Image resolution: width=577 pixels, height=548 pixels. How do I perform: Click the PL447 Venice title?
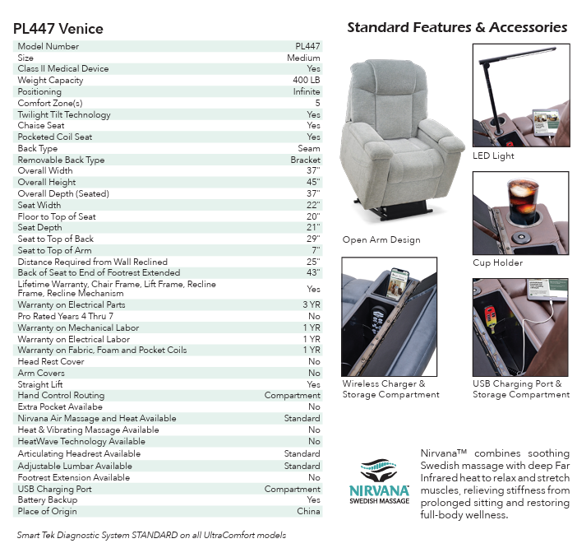(58, 29)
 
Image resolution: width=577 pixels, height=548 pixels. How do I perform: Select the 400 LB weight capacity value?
(306, 81)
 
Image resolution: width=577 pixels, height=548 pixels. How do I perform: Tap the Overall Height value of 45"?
(312, 183)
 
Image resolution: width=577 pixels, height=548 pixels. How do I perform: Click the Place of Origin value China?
(308, 512)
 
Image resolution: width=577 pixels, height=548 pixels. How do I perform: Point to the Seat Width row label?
(39, 206)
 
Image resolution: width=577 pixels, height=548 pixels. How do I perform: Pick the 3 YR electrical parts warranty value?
(310, 304)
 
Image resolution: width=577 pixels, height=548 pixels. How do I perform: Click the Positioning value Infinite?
(307, 92)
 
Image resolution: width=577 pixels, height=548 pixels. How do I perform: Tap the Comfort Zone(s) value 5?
(317, 104)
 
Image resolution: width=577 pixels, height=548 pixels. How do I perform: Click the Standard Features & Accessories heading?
(457, 28)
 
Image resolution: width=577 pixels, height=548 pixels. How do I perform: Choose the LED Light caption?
(493, 156)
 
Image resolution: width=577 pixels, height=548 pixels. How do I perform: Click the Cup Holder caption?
(497, 263)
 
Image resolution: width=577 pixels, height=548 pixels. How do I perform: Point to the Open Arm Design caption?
(381, 240)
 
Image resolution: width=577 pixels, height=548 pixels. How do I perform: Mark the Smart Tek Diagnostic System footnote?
(151, 535)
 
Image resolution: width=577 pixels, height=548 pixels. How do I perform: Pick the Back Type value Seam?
(309, 149)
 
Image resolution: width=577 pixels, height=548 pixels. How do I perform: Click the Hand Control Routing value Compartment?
(292, 396)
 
